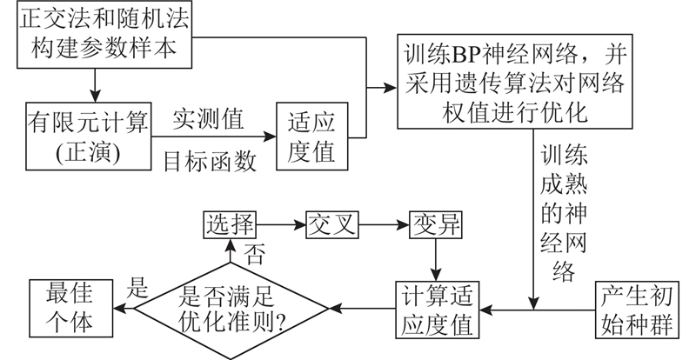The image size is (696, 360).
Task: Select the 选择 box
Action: [x=229, y=224]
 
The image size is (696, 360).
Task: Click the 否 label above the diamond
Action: [x=254, y=255]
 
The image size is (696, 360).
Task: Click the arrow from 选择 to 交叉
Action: [x=282, y=224]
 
